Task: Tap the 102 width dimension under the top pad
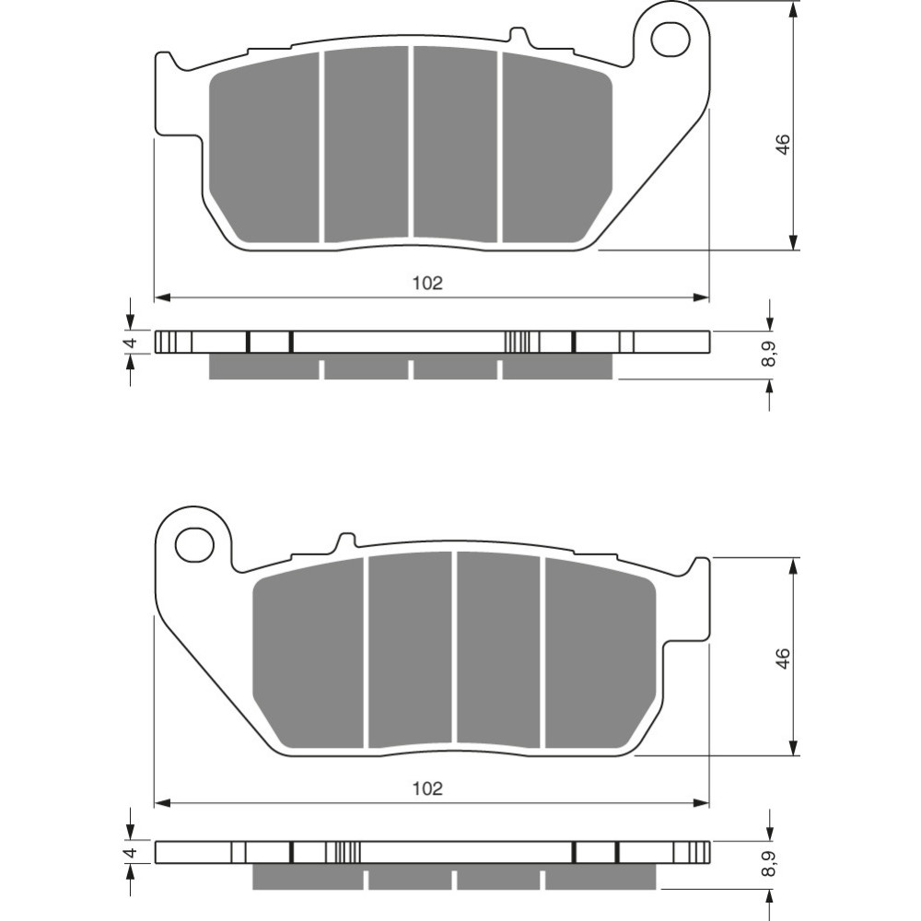pos(427,283)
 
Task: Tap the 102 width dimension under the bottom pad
pos(427,788)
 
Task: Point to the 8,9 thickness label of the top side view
pos(768,355)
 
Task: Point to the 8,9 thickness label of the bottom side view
pos(768,865)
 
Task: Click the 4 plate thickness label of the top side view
pos(132,342)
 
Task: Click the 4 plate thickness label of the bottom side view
pos(132,852)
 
